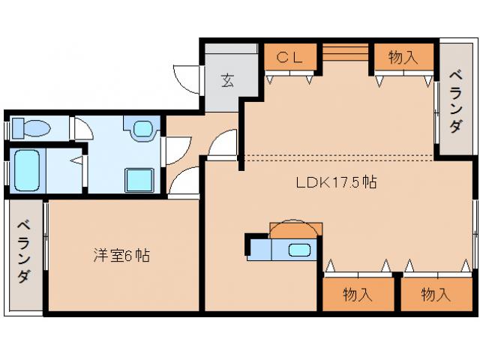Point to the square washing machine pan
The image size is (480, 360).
[x=139, y=181]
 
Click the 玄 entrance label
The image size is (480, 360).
[x=226, y=79]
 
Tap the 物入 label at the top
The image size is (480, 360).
[x=403, y=56]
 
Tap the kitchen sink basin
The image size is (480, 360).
[x=300, y=250]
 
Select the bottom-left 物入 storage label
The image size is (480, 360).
[x=358, y=294]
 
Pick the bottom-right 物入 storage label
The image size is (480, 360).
[x=435, y=294]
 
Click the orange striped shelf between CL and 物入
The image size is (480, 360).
[x=346, y=54]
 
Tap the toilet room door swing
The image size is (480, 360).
[x=82, y=129]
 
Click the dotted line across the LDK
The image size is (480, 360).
[x=337, y=157]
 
